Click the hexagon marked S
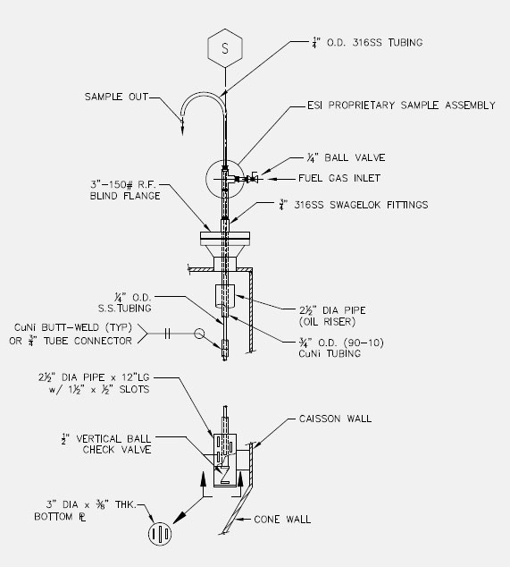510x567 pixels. click(x=225, y=47)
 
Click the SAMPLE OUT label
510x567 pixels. click(x=116, y=97)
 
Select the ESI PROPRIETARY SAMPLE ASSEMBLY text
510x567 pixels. click(x=401, y=106)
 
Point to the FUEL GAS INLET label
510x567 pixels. click(x=339, y=178)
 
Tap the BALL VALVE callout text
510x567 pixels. click(x=355, y=157)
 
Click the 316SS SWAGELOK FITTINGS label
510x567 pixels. click(x=361, y=205)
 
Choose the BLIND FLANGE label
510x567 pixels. click(x=125, y=196)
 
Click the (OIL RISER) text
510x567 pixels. click(x=327, y=321)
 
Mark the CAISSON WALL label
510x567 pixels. click(x=335, y=419)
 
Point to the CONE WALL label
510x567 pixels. click(x=282, y=520)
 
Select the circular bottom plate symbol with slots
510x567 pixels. click(x=160, y=534)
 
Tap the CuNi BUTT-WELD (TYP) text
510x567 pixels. click(x=73, y=327)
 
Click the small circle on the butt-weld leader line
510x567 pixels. click(x=199, y=334)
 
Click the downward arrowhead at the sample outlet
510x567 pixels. click(x=182, y=129)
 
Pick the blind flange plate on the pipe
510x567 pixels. click(x=225, y=239)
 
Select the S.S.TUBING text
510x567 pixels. click(x=125, y=309)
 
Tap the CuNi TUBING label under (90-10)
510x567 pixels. click(x=330, y=353)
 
